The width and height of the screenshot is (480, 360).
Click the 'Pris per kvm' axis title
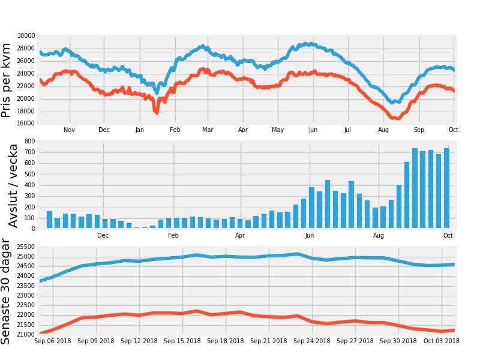[7, 80]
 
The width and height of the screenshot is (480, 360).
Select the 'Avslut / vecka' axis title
[13, 185]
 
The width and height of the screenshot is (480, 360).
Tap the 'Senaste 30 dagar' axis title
[7, 292]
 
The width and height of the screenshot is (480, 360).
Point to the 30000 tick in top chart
[26, 36]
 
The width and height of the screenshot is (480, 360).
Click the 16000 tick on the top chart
[26, 124]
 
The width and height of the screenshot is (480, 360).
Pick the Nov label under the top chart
[70, 130]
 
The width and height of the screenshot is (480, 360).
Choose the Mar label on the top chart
[208, 130]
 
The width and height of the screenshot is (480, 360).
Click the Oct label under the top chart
[454, 130]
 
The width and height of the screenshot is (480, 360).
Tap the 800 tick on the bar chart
[29, 142]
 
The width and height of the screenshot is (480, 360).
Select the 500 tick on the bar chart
[29, 175]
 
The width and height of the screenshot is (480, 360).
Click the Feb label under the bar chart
[173, 235]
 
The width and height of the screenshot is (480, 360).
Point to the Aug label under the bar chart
[379, 235]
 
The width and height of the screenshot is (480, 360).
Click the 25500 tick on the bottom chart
[26, 247]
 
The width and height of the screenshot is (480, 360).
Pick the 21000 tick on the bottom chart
[26, 334]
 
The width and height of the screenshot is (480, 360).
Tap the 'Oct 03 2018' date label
[441, 341]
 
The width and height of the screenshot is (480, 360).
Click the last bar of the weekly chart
[446, 188]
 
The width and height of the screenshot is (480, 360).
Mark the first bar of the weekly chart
[49, 220]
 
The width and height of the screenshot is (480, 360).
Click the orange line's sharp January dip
[156, 111]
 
